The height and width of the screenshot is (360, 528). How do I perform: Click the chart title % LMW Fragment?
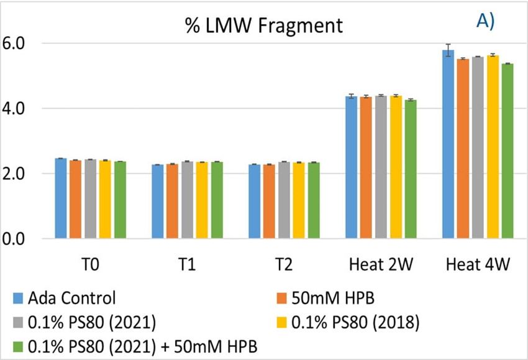tap(263, 25)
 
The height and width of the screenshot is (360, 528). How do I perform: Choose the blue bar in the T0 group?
tap(60, 199)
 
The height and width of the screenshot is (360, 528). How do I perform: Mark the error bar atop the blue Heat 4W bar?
tap(448, 50)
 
